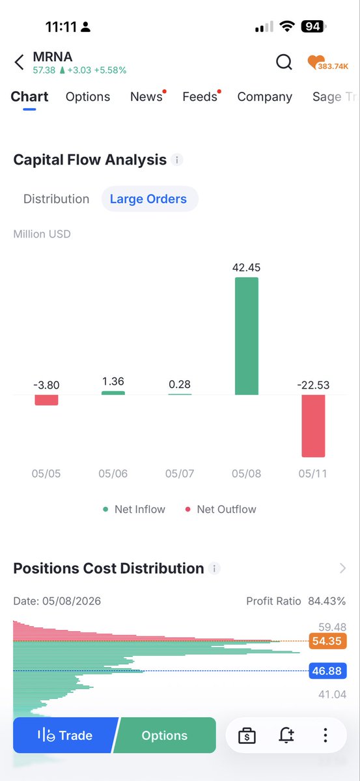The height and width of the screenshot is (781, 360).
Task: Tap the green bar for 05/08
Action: [247, 336]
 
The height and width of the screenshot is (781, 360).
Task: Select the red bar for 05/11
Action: [313, 426]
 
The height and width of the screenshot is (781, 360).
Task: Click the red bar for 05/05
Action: [46, 400]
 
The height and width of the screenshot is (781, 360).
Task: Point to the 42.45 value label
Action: [246, 267]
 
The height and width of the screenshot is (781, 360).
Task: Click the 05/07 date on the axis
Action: [180, 474]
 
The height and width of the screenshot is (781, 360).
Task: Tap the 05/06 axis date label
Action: [113, 474]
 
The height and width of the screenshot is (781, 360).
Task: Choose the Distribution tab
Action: [56, 199]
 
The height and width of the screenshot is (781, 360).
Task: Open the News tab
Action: [146, 96]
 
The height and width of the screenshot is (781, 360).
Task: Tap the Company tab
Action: [265, 97]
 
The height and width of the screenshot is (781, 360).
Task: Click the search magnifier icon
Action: [284, 62]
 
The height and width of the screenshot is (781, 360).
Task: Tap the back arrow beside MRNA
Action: [19, 62]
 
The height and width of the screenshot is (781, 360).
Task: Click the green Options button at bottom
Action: [165, 735]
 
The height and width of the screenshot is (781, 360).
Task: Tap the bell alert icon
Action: [286, 735]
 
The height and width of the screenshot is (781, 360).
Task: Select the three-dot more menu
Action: [325, 735]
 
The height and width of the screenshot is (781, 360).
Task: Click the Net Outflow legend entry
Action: [221, 510]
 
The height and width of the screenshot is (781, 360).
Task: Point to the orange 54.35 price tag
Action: [327, 641]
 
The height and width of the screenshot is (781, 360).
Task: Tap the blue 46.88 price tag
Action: [327, 671]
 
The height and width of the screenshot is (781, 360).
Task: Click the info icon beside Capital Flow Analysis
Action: [177, 160]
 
